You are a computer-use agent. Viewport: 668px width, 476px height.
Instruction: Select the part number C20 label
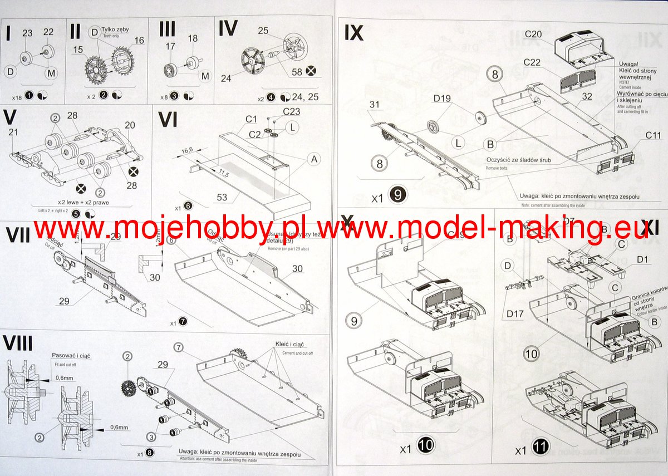click(x=533, y=35)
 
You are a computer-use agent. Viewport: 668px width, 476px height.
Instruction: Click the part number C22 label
click(x=533, y=62)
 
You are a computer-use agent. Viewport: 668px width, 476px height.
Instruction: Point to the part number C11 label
click(x=654, y=135)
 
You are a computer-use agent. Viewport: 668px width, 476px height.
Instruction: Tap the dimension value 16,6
click(x=186, y=150)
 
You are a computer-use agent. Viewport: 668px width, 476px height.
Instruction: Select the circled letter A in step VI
click(x=314, y=160)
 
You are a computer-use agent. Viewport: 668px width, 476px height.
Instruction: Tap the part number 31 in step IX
click(x=374, y=104)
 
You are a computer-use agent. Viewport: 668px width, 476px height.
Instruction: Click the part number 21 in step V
click(x=14, y=131)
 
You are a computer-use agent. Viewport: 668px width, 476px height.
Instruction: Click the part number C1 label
click(x=250, y=119)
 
